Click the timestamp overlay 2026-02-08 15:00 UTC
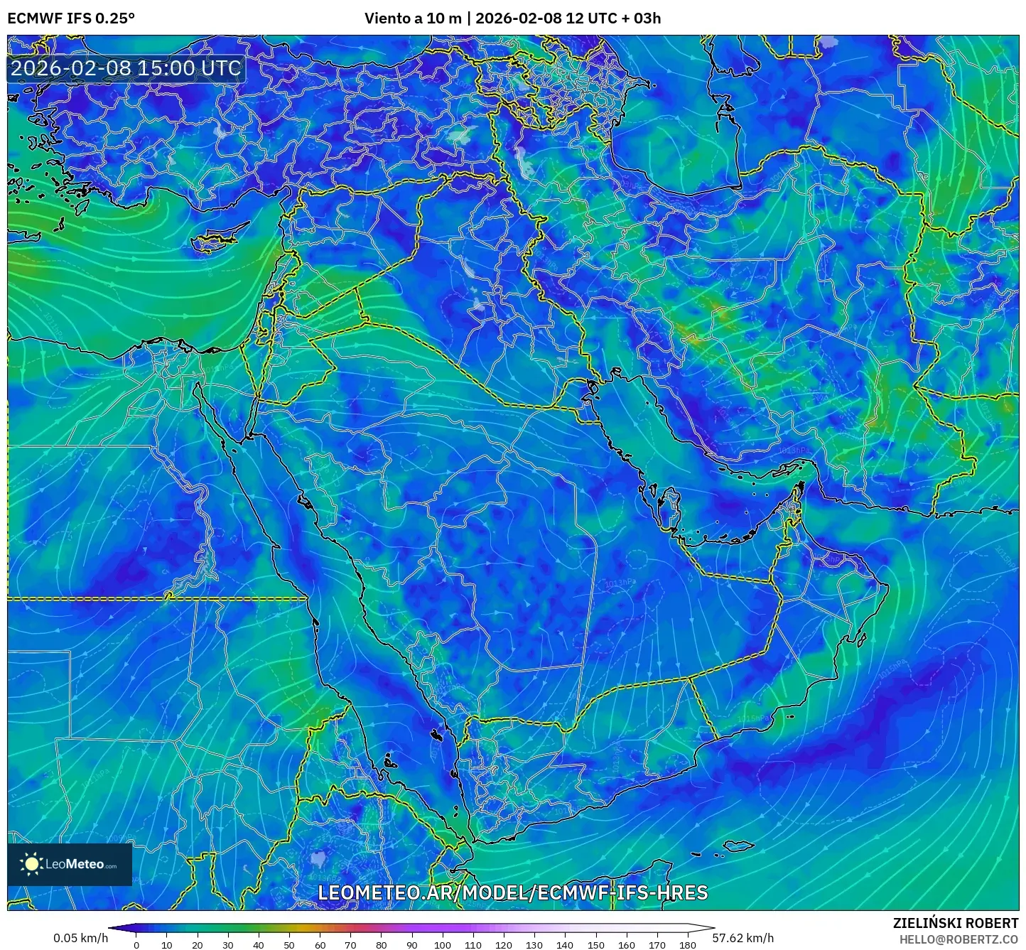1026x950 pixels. pos(126,68)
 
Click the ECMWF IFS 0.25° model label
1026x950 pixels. pos(71,18)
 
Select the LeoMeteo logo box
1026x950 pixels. pos(70,864)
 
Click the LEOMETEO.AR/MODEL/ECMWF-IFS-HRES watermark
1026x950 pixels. pos(512,892)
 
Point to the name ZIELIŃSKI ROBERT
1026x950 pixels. pos(955,923)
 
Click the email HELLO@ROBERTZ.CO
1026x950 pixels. pos(958,939)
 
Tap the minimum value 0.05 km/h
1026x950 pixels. pos(80,938)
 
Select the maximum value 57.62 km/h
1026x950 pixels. pos(742,938)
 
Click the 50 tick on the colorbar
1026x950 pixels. pos(289,944)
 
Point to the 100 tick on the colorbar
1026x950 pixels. pos(442,944)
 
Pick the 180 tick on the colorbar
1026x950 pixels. pos(687,944)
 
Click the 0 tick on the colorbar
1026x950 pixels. pos(136,944)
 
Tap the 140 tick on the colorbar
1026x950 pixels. pos(564,944)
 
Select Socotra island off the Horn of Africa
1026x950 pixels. pos(740,846)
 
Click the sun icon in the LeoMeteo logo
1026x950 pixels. pos(31,864)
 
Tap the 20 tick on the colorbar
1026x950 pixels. pos(198,944)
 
